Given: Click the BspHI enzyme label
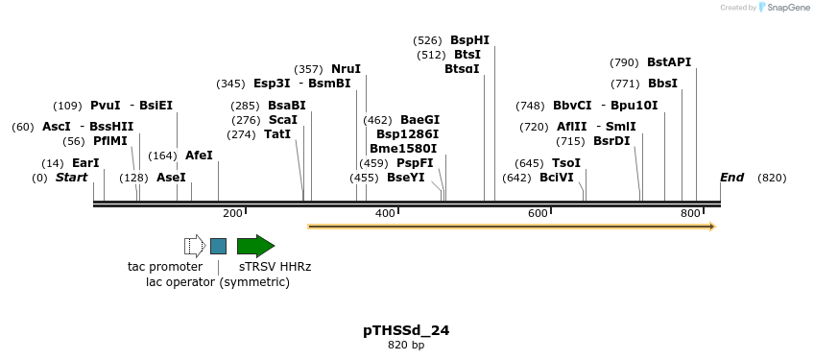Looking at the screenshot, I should click(x=469, y=40).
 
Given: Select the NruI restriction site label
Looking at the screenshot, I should click(x=346, y=69).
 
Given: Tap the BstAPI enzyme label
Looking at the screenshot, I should click(x=669, y=62).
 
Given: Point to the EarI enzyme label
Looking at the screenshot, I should click(x=85, y=163).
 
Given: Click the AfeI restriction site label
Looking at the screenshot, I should click(x=199, y=156).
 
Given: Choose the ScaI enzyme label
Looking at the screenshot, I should click(x=283, y=120).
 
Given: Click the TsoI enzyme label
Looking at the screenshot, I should click(x=565, y=163).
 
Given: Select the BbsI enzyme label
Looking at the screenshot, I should click(x=662, y=84).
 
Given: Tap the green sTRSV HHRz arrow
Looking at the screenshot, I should click(x=255, y=246).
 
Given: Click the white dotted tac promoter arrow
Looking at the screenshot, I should click(x=195, y=246).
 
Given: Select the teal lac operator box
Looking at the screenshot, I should click(x=219, y=246).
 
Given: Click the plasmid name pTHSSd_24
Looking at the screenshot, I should click(x=406, y=330).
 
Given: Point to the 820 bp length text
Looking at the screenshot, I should click(x=406, y=345).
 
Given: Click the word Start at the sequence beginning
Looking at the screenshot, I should click(x=71, y=178).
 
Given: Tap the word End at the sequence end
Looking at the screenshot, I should click(x=731, y=178).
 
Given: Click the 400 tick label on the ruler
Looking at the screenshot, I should click(x=385, y=212).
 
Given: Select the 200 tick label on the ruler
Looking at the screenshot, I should click(x=232, y=212).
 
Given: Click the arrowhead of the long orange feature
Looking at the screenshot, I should click(x=712, y=227).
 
